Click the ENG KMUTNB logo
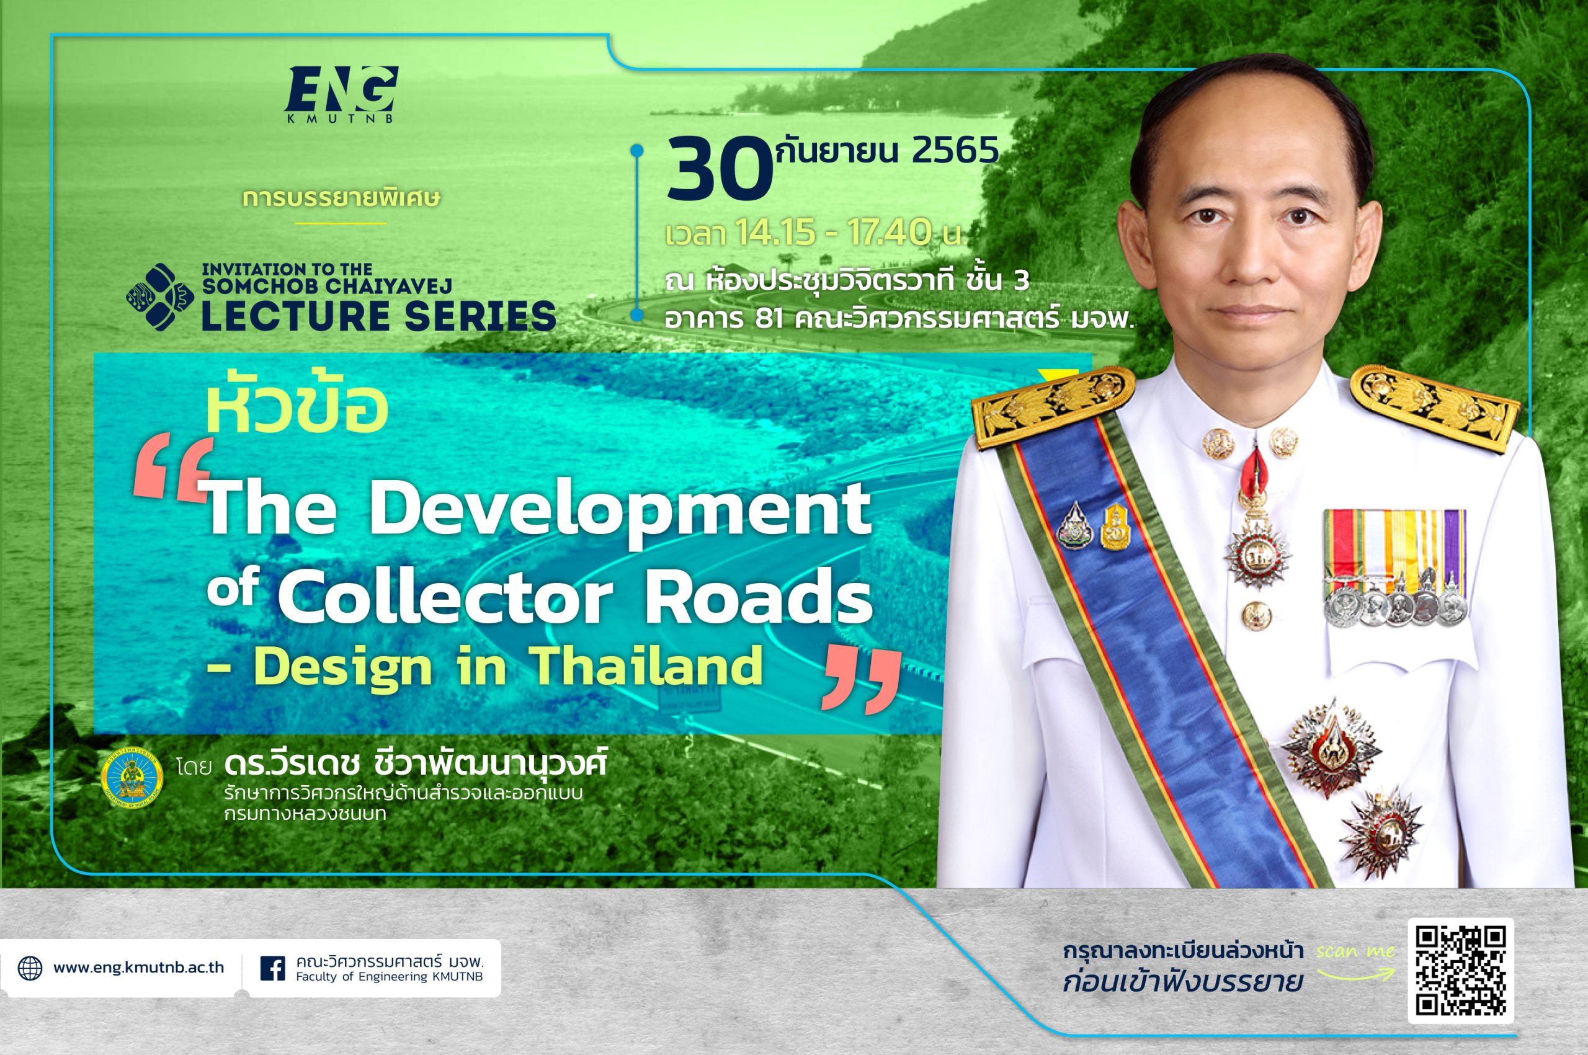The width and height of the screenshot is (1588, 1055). (x=341, y=94)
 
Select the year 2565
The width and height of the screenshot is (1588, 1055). (x=955, y=152)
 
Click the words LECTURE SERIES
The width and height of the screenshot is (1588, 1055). (x=379, y=316)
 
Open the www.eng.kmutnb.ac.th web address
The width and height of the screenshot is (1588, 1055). (x=138, y=968)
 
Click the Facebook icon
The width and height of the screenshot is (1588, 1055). (x=272, y=969)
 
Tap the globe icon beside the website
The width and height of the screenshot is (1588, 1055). (x=30, y=968)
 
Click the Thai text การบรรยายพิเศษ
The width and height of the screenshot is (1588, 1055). (x=342, y=198)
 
